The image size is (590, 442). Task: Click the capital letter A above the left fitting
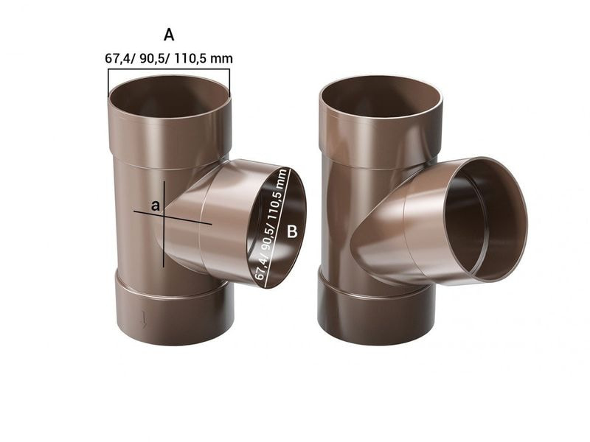click(169, 35)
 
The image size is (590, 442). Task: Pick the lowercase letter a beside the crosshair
click(155, 206)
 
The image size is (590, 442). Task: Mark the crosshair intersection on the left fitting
click(163, 216)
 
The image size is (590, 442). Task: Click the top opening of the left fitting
click(170, 96)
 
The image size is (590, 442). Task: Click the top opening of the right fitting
click(381, 96)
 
